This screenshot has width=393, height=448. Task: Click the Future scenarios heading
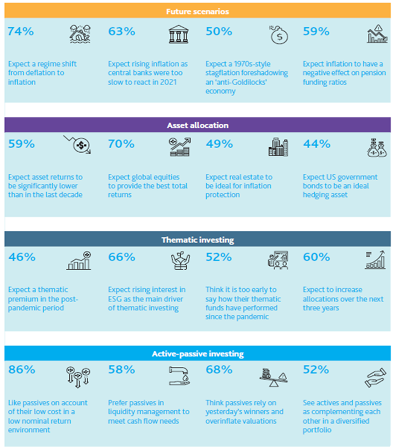196,11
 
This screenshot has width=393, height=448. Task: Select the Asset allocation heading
196,125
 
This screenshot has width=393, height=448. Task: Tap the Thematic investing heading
196,240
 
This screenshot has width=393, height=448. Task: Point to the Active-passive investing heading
196,354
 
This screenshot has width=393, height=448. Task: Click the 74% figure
19,32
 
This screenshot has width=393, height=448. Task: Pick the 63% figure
121,32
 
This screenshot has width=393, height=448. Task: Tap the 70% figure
121,144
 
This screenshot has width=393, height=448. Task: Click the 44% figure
316,144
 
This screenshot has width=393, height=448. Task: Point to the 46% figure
21,257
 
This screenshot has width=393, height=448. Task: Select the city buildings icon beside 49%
278,147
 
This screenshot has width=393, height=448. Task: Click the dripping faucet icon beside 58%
178,376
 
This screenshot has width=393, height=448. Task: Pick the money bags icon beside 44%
375,147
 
